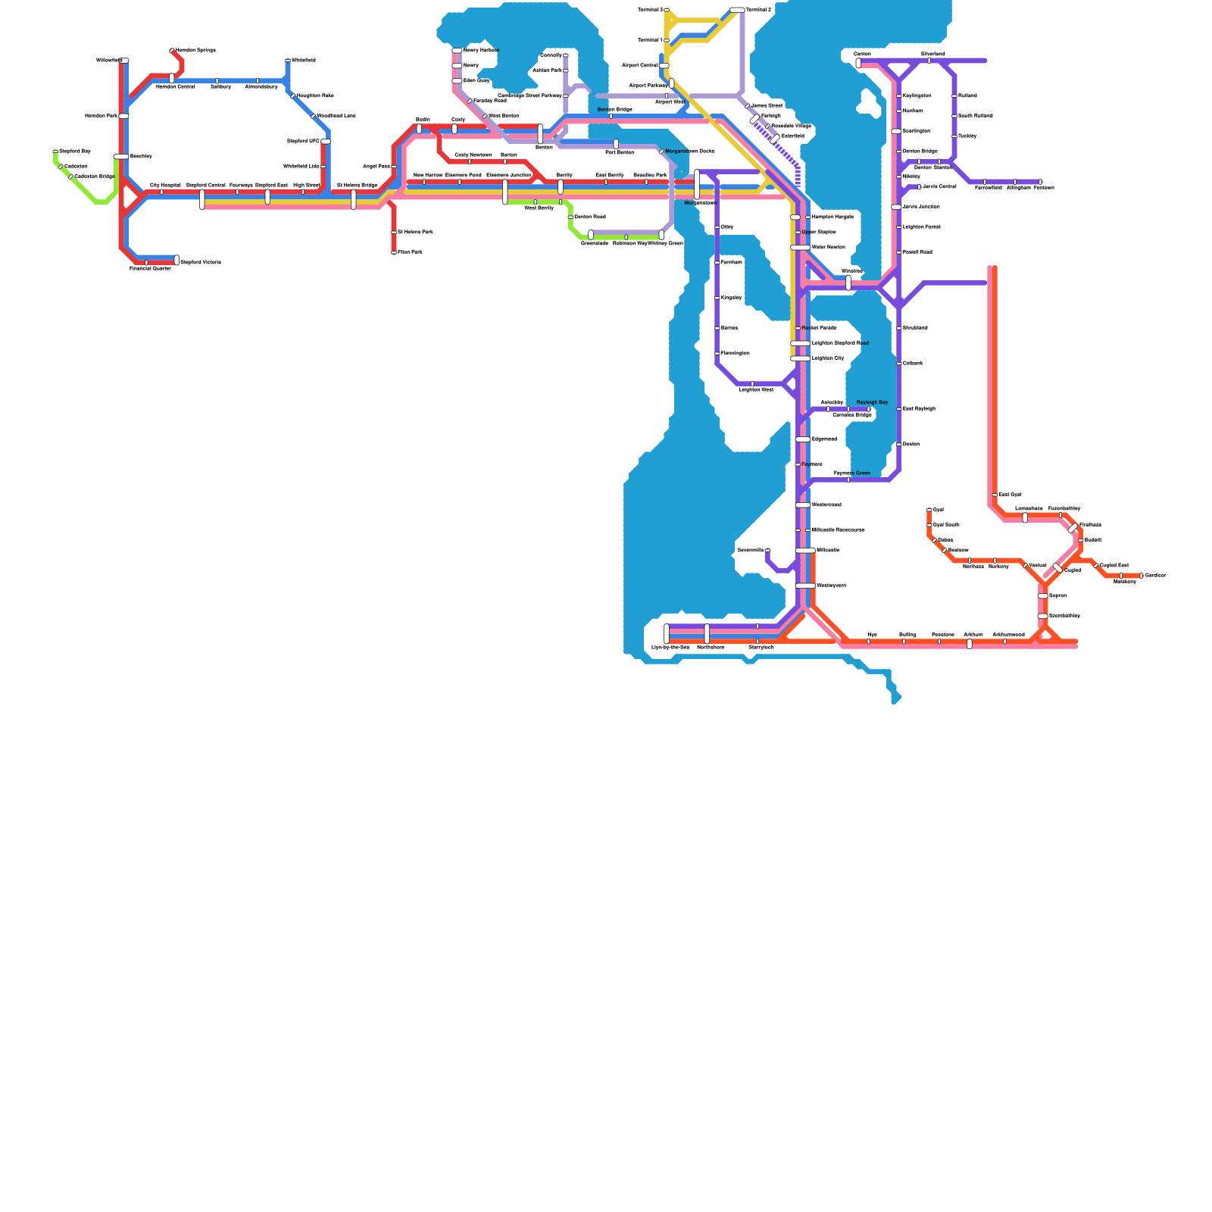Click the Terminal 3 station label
[650, 10]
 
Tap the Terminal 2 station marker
[737, 10]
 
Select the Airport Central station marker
[664, 66]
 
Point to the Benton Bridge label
[614, 110]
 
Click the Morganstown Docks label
[689, 151]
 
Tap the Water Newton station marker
[800, 248]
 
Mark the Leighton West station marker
[752, 384]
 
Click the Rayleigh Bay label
[872, 402]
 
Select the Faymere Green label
[851, 473]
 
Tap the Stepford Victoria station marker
[176, 261]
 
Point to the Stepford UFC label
[303, 141]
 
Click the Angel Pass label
[376, 166]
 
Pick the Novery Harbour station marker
[457, 51]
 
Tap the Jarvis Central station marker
[919, 186]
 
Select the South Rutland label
[975, 116]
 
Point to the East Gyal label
[1010, 495]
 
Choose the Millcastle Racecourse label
[838, 529]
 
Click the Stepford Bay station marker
[55, 151]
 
